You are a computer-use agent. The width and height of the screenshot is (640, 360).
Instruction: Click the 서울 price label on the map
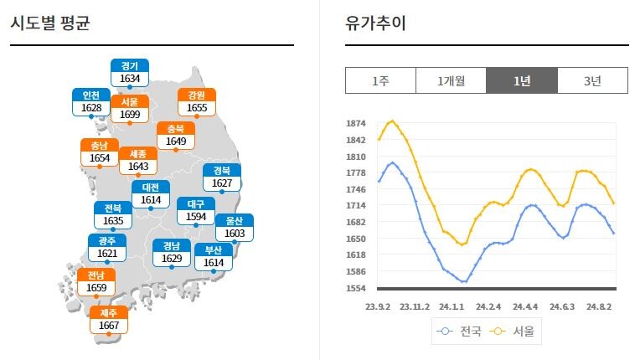click(x=130, y=108)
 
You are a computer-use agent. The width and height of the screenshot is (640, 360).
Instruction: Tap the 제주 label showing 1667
click(x=109, y=319)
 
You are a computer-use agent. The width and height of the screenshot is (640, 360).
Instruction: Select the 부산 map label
click(x=214, y=256)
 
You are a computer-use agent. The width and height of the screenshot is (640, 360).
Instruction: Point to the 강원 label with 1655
click(x=197, y=101)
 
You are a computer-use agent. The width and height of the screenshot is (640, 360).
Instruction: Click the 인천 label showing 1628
click(x=91, y=101)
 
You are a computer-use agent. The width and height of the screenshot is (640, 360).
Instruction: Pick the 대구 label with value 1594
click(x=196, y=210)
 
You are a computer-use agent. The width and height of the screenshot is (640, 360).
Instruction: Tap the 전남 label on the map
click(x=96, y=281)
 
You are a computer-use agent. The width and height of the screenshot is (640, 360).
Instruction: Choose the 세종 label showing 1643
click(x=137, y=161)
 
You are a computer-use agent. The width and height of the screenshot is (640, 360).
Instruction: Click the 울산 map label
click(x=235, y=227)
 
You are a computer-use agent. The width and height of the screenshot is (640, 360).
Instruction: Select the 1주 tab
click(x=380, y=80)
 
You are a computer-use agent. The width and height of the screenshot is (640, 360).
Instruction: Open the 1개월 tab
click(x=451, y=80)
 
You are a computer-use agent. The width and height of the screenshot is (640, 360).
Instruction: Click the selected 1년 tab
click(x=522, y=80)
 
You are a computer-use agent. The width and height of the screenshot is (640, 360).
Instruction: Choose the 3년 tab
click(x=592, y=80)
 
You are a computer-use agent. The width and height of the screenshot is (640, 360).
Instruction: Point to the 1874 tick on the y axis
click(x=355, y=124)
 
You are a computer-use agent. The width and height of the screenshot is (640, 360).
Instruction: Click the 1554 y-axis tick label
click(x=355, y=288)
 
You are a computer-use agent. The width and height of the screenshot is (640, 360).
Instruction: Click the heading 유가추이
click(x=376, y=23)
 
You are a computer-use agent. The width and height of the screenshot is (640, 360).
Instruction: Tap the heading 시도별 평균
click(x=50, y=23)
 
